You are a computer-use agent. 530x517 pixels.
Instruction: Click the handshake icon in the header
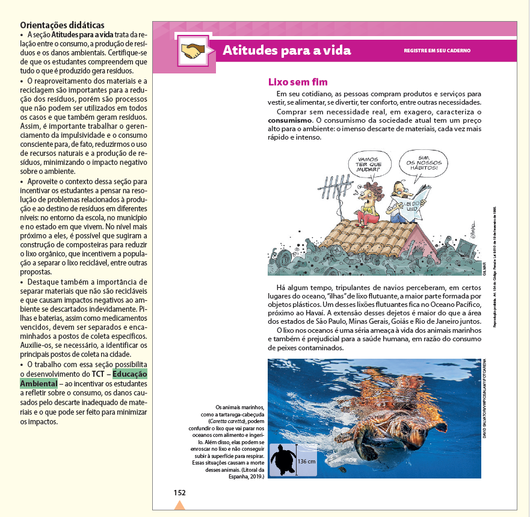point(194,51)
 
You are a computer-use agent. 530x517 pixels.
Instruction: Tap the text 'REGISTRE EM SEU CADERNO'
point(437,51)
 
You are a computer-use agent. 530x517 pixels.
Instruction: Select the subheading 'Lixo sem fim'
point(297,82)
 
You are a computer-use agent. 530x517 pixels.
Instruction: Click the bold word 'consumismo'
point(290,121)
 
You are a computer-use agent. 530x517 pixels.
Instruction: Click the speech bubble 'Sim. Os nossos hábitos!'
point(424,161)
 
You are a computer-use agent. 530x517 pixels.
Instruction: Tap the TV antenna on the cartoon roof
point(338,191)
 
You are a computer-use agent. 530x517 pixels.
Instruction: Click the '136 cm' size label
point(307,461)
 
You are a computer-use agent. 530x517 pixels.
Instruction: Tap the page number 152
point(179,492)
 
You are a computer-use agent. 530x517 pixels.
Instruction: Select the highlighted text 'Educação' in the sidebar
point(129,374)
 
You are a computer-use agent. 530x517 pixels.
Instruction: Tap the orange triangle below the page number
point(179,506)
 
